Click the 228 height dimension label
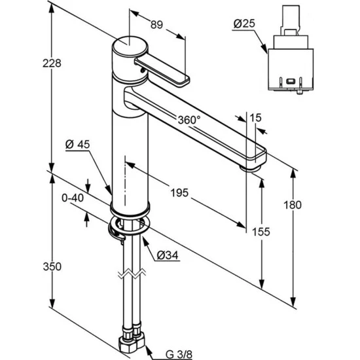pyautogui.click(x=52, y=63)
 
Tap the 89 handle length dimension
pyautogui.click(x=156, y=25)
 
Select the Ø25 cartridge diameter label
pyautogui.click(x=244, y=24)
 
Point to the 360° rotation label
pyautogui.click(x=189, y=120)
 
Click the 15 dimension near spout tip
pyautogui.click(x=255, y=118)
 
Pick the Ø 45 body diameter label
pyautogui.click(x=78, y=145)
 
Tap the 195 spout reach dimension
pyautogui.click(x=179, y=192)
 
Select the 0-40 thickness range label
pyautogui.click(x=73, y=198)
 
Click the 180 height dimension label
pyautogui.click(x=293, y=205)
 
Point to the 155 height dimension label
pyautogui.click(x=261, y=232)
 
